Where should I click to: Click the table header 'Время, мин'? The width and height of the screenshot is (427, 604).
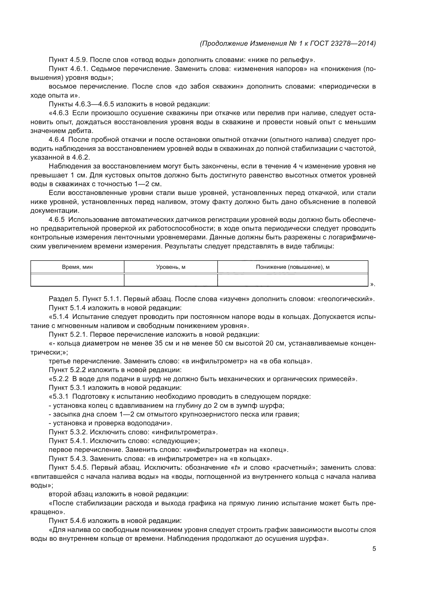[x=77, y=267]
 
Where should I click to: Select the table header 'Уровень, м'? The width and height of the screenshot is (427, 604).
[x=171, y=267]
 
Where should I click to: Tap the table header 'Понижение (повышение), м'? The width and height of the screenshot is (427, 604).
[x=292, y=267]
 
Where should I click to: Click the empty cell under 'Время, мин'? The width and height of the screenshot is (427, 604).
[x=77, y=280]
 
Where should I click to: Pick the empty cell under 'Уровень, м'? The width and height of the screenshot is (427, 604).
[x=171, y=280]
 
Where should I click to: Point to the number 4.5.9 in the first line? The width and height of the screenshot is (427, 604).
[x=79, y=60]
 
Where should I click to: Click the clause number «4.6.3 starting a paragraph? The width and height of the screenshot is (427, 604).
[x=59, y=113]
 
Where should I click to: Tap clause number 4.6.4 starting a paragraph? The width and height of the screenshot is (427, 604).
[x=57, y=140]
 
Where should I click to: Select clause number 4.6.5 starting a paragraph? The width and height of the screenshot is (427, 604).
[x=57, y=220]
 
